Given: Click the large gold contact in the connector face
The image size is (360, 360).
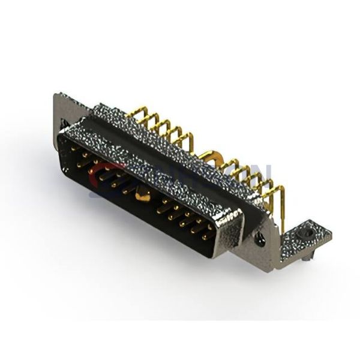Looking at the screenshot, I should (143, 193).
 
